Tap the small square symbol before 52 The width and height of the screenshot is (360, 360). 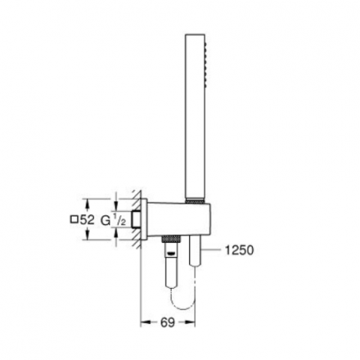coord(74,220)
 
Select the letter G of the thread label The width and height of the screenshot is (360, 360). coord(105,220)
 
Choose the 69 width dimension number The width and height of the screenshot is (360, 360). coord(167,321)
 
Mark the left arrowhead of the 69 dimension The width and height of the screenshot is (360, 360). coord(141,321)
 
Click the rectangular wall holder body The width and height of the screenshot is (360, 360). coord(172,219)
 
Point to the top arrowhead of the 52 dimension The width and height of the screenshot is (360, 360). coord(114,202)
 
